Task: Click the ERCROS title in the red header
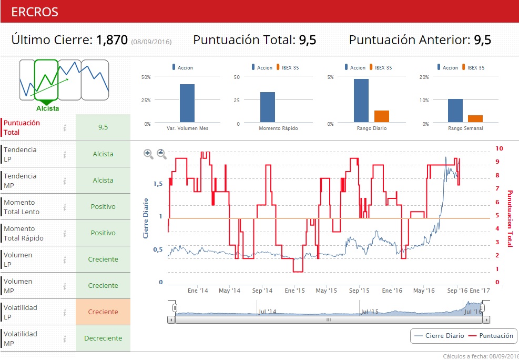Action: [x=35, y=12]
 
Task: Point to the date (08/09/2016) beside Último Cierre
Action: [x=151, y=42]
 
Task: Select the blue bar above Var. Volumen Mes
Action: [x=187, y=104]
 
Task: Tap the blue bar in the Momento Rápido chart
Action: [x=268, y=107]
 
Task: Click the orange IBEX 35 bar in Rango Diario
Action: [x=382, y=117]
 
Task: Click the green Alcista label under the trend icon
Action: [x=48, y=108]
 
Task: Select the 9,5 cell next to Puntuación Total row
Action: [x=103, y=127]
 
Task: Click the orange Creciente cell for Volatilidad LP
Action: [x=103, y=312]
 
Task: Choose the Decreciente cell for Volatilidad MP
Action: [x=103, y=338]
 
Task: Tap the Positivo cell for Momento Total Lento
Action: [x=103, y=206]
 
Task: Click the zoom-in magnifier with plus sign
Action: [x=148, y=154]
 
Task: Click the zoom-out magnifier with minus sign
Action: [x=162, y=154]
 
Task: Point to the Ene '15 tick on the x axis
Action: [x=294, y=290]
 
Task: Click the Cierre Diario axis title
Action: [x=146, y=218]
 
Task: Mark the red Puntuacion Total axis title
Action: [x=509, y=218]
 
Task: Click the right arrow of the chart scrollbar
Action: [x=486, y=319]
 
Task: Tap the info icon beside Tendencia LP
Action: [x=65, y=154]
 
